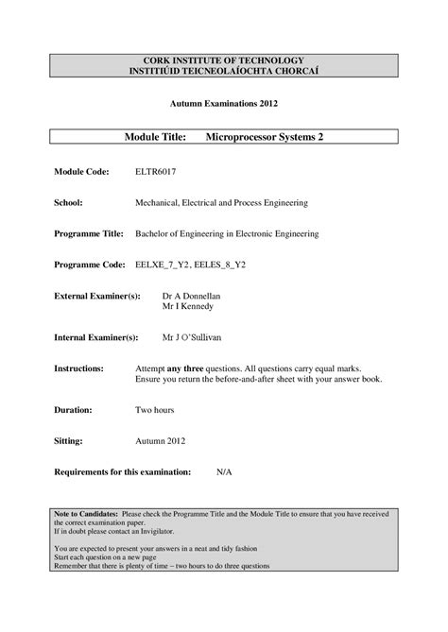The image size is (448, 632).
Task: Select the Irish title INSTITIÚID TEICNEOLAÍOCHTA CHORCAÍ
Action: pos(223,72)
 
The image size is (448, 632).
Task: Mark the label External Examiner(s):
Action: pos(97,296)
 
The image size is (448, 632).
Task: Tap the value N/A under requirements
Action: pos(224,470)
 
